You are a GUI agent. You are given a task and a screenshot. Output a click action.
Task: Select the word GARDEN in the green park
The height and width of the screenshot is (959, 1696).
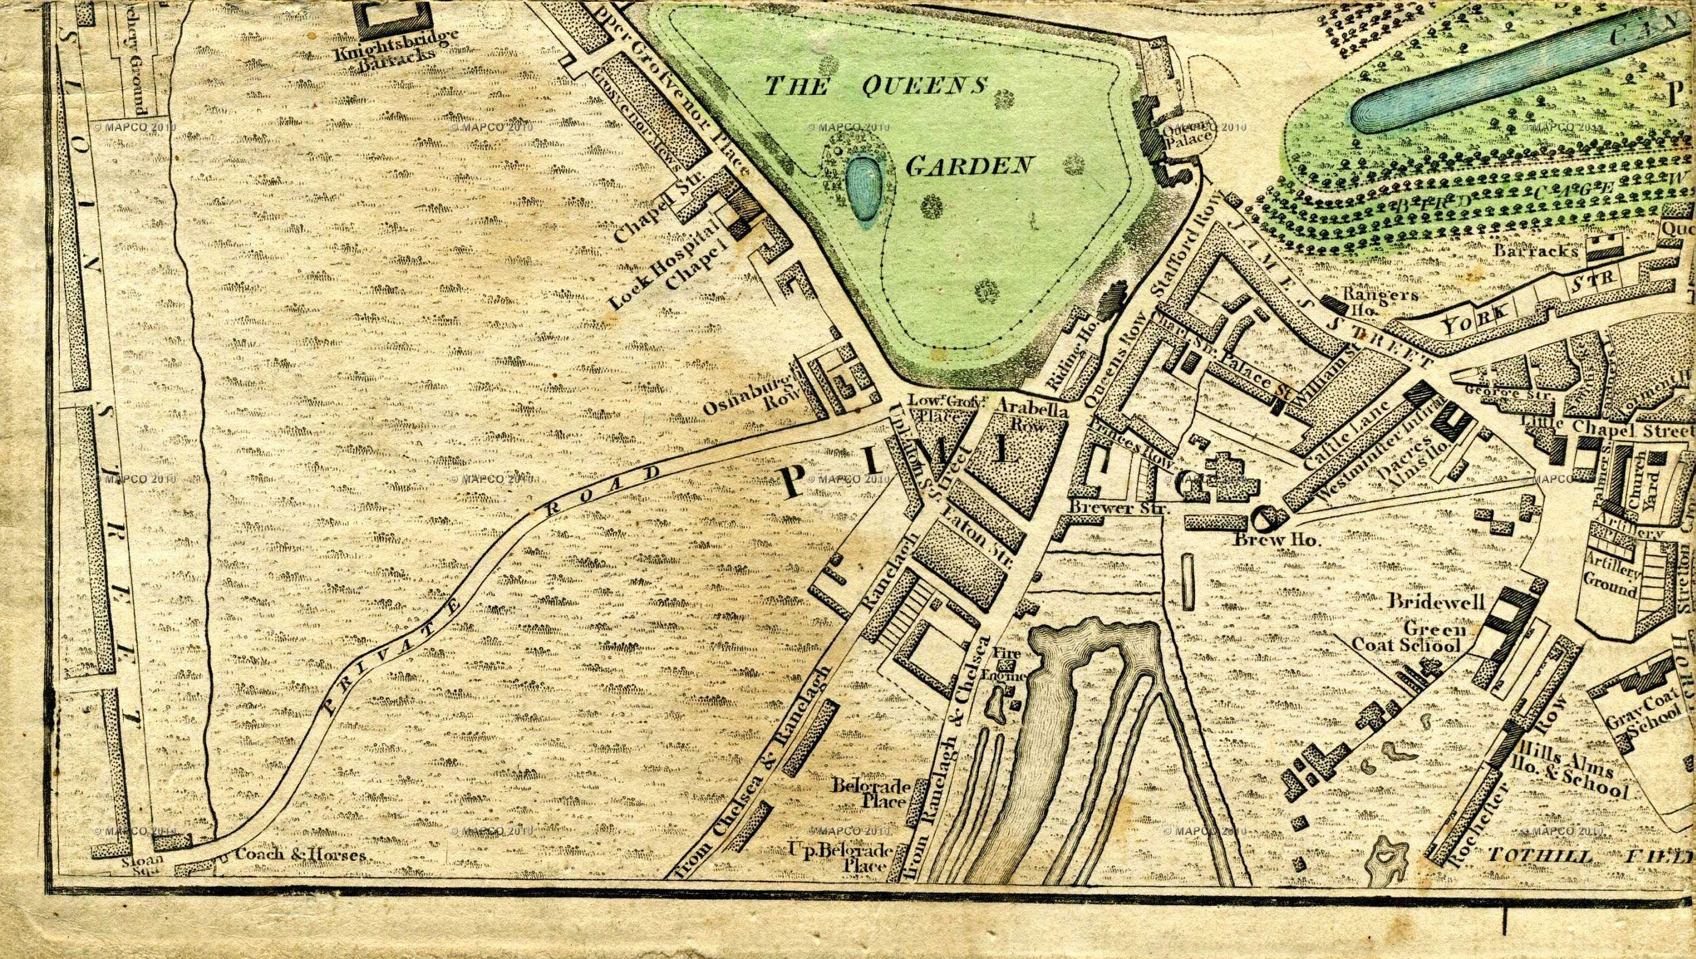pyautogui.click(x=968, y=166)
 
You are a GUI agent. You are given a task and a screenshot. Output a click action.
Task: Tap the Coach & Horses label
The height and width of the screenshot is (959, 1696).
pyautogui.click(x=300, y=854)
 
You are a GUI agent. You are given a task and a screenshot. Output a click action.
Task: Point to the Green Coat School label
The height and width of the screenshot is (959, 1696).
pyautogui.click(x=1406, y=636)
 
